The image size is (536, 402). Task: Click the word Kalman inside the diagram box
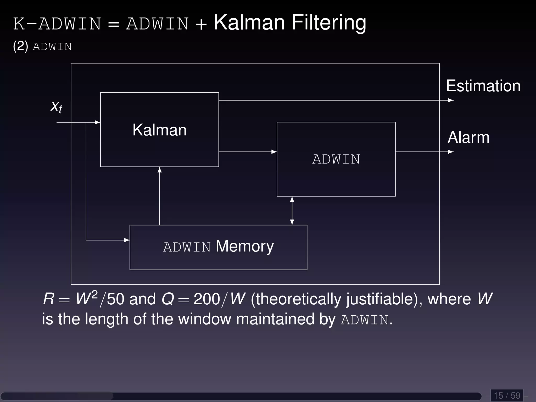pyautogui.click(x=159, y=130)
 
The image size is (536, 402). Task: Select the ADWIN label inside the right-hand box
pyautogui.click(x=336, y=159)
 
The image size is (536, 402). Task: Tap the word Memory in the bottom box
pyautogui.click(x=245, y=246)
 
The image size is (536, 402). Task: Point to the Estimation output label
pyautogui.click(x=483, y=86)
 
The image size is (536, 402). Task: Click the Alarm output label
pyautogui.click(x=468, y=137)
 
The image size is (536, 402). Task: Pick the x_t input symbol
pyautogui.click(x=57, y=107)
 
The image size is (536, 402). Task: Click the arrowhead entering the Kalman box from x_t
pyautogui.click(x=98, y=122)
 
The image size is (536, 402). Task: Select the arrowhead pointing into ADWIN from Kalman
pyautogui.click(x=274, y=152)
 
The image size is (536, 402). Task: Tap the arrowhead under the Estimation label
pyautogui.click(x=451, y=100)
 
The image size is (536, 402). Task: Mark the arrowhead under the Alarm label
pyautogui.click(x=451, y=152)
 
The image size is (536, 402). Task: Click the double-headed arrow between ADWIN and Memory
pyautogui.click(x=292, y=211)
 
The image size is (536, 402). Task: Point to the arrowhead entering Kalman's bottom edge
pyautogui.click(x=160, y=170)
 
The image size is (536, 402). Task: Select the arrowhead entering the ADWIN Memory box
pyautogui.click(x=127, y=240)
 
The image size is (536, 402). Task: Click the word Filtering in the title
pyautogui.click(x=328, y=23)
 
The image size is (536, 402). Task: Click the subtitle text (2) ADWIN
pyautogui.click(x=42, y=47)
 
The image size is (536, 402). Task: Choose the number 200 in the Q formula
pyautogui.click(x=207, y=299)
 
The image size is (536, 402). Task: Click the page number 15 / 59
pyautogui.click(x=507, y=395)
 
